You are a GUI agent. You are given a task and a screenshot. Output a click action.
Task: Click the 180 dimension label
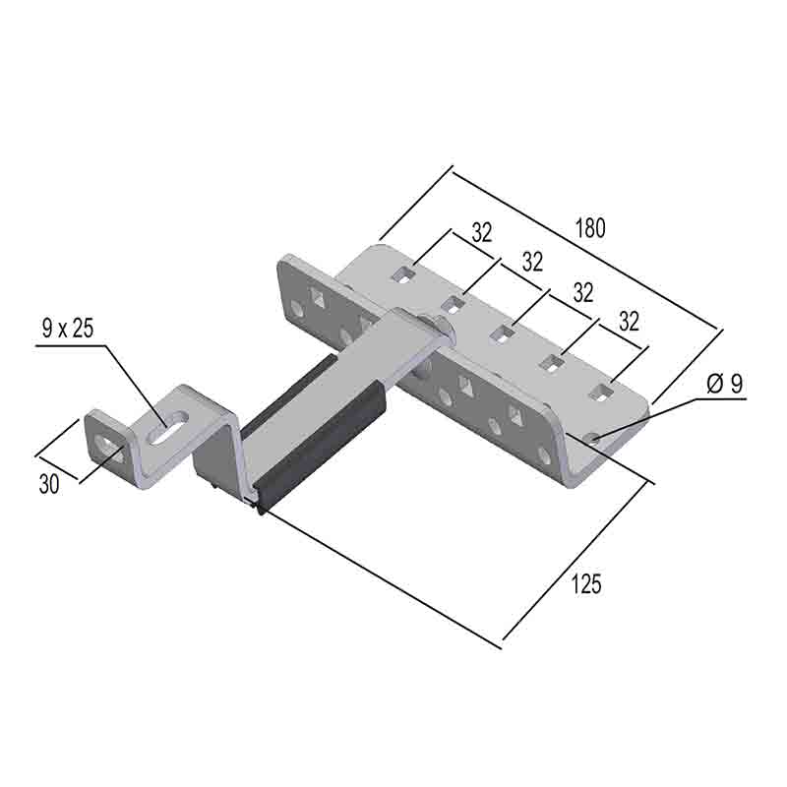(x=590, y=228)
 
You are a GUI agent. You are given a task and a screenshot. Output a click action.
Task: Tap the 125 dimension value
(x=585, y=584)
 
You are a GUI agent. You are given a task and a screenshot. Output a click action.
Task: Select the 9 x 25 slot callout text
(x=68, y=329)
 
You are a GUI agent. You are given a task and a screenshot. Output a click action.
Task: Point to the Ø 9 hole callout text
(x=724, y=384)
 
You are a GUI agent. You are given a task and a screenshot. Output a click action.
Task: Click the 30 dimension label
(x=49, y=484)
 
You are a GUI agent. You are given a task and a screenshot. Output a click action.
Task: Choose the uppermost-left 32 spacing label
(x=482, y=232)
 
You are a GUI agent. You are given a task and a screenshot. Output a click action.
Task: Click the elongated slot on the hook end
(x=167, y=427)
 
